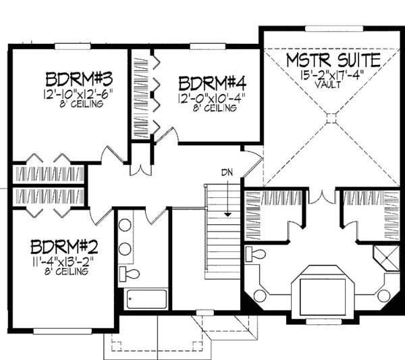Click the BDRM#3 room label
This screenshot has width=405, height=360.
(x=79, y=79)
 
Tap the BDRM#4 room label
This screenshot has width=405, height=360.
(x=213, y=83)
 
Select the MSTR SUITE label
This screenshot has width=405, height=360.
(x=333, y=60)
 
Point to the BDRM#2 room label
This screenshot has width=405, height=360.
(x=64, y=247)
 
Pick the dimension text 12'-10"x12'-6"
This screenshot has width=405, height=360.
(x=79, y=94)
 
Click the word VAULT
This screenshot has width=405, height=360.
(x=327, y=84)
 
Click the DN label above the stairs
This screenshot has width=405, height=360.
(x=227, y=172)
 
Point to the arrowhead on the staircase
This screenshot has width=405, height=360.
(x=227, y=214)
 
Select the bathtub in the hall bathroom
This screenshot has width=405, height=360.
(x=146, y=299)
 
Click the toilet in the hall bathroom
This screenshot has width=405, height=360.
(x=129, y=274)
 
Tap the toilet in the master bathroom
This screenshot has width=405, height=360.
(x=255, y=254)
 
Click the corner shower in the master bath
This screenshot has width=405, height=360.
(x=386, y=258)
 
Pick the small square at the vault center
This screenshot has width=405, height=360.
(x=331, y=118)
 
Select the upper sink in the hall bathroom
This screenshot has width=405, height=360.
(x=125, y=225)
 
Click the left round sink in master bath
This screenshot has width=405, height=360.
(x=261, y=295)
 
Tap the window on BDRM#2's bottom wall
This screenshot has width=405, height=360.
(x=63, y=331)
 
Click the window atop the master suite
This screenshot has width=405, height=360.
(x=334, y=28)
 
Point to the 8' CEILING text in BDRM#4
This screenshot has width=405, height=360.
(x=215, y=108)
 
